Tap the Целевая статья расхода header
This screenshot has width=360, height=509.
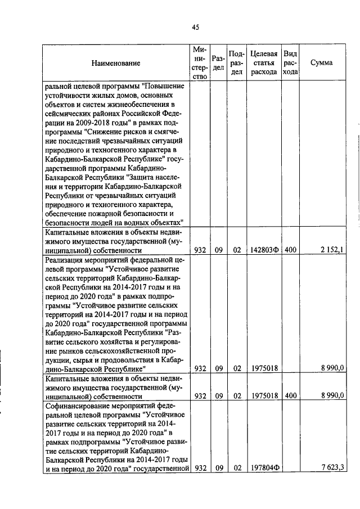[264, 63]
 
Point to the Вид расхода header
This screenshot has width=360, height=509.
[290, 63]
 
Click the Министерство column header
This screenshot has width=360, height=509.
[200, 63]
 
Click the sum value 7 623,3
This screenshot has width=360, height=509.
[332, 467]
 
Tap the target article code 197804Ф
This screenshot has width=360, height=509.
[264, 467]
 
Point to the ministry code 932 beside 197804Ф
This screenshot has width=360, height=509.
[200, 467]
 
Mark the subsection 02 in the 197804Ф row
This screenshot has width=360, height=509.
[237, 467]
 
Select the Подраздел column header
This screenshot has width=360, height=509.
[237, 63]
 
